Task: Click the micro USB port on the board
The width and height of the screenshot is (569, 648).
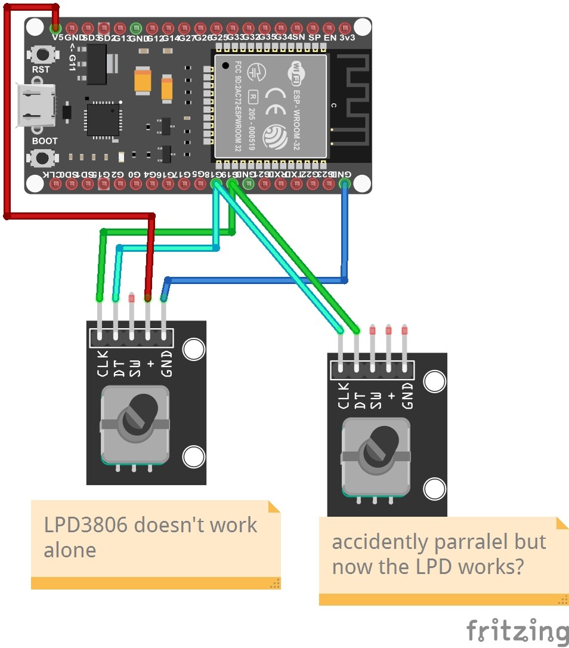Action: coord(36,106)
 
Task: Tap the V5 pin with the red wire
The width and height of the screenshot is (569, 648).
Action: coord(55,27)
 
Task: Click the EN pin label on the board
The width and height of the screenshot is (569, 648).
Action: coord(330,38)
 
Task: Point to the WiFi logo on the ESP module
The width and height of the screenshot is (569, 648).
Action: coord(296,72)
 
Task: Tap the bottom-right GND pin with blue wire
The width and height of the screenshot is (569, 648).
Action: coord(345,184)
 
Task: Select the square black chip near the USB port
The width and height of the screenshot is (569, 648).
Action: coord(103,119)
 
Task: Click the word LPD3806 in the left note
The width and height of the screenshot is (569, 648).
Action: coord(85,525)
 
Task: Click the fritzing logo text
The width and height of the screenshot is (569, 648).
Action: coord(517,631)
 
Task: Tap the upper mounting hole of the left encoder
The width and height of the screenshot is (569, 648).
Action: coord(193,350)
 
